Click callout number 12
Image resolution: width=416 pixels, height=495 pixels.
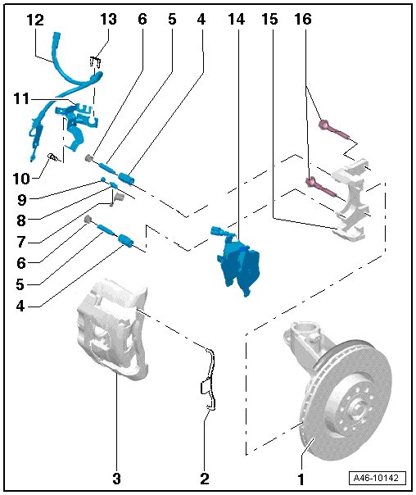35,20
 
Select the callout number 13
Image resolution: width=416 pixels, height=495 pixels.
108,20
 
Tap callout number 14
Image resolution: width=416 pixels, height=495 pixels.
237,20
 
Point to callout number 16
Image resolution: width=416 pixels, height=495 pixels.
303,20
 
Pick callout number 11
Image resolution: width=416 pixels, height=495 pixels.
21,99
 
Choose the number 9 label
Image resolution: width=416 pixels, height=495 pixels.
22,199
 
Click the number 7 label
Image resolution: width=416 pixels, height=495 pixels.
21,242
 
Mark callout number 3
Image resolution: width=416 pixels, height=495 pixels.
117,479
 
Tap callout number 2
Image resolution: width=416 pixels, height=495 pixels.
205,479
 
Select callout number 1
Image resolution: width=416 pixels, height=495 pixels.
301,479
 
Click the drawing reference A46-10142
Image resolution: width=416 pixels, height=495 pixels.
378,478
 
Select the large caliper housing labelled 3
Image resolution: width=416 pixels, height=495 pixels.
112,329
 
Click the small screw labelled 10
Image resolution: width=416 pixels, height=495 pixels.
53,157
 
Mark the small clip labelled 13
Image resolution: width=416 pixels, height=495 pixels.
95,62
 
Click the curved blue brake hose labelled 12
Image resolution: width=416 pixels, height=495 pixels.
68,75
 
